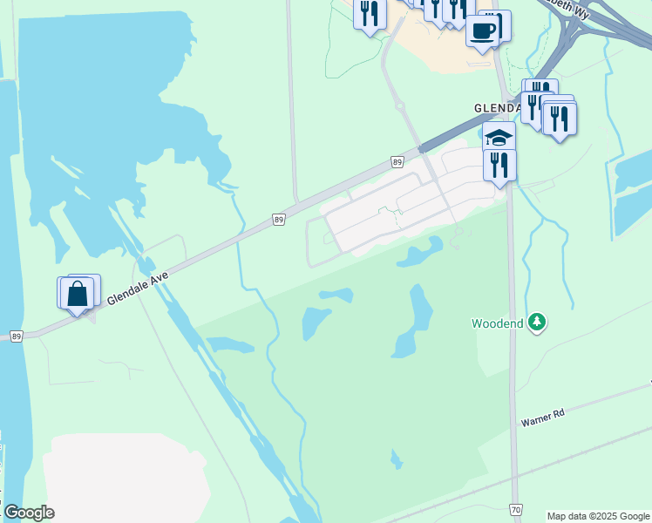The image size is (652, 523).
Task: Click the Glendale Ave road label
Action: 138,287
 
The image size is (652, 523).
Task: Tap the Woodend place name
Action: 498,323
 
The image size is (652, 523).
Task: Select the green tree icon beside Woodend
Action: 538,323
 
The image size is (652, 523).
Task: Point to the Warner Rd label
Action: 543,416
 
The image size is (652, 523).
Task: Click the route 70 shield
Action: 517,508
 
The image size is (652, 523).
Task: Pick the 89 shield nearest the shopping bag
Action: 16,335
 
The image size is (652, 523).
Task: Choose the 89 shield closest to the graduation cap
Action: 397,161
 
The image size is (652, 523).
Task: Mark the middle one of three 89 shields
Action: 278,219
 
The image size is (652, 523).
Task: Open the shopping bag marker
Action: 78,295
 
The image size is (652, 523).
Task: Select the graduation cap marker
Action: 499,138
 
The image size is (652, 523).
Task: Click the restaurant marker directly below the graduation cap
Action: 499,165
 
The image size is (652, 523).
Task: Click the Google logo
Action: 29,513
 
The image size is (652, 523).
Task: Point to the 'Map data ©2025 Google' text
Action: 598,516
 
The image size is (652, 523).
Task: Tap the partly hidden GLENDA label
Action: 497,107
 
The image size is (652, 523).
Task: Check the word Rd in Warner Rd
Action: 559,411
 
